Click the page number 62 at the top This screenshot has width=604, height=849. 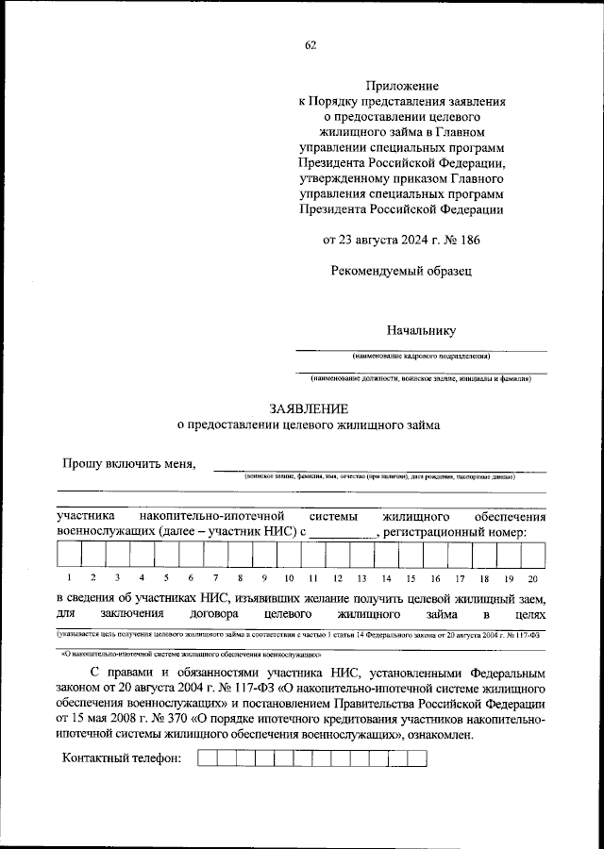pos(310,46)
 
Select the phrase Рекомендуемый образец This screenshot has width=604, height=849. pos(401,271)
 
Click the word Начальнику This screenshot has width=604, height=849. pos(420,329)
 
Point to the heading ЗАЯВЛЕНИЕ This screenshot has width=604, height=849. pos(309,408)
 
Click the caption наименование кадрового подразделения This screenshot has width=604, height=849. pos(421,357)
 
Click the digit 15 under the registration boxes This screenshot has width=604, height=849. pos(411,578)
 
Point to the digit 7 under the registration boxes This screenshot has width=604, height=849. pos(215,578)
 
